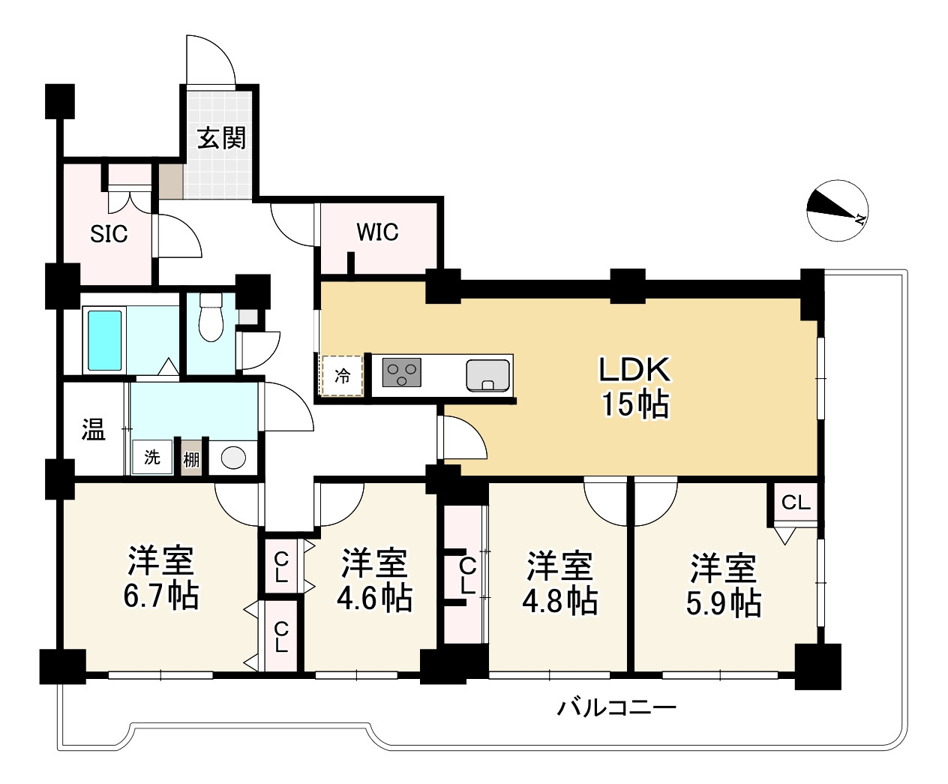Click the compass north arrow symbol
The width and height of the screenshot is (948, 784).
click(837, 210)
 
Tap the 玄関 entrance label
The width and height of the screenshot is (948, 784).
click(221, 137)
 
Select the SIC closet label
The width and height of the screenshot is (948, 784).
click(109, 234)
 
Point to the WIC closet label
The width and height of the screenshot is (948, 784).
click(377, 232)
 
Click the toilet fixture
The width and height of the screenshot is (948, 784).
click(211, 317)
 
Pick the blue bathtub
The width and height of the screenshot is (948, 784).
click(105, 340)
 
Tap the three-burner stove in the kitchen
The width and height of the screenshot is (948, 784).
click(401, 372)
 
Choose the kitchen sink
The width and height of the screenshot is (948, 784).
click(487, 374)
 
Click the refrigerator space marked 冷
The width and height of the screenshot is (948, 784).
click(342, 376)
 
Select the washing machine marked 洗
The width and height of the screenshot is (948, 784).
click(152, 457)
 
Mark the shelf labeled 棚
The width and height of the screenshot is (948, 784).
click(191, 460)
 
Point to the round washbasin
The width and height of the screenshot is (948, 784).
click(233, 458)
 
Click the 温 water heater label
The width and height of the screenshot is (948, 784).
click(94, 429)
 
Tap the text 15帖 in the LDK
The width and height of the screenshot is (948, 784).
click(634, 404)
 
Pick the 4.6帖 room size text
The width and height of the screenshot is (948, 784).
click(374, 598)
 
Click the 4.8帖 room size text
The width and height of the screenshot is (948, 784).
click(559, 601)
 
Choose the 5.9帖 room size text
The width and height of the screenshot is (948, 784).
click(724, 602)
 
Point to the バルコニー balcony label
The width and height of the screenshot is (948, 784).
click(616, 708)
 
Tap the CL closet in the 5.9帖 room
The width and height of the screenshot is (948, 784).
click(796, 503)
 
